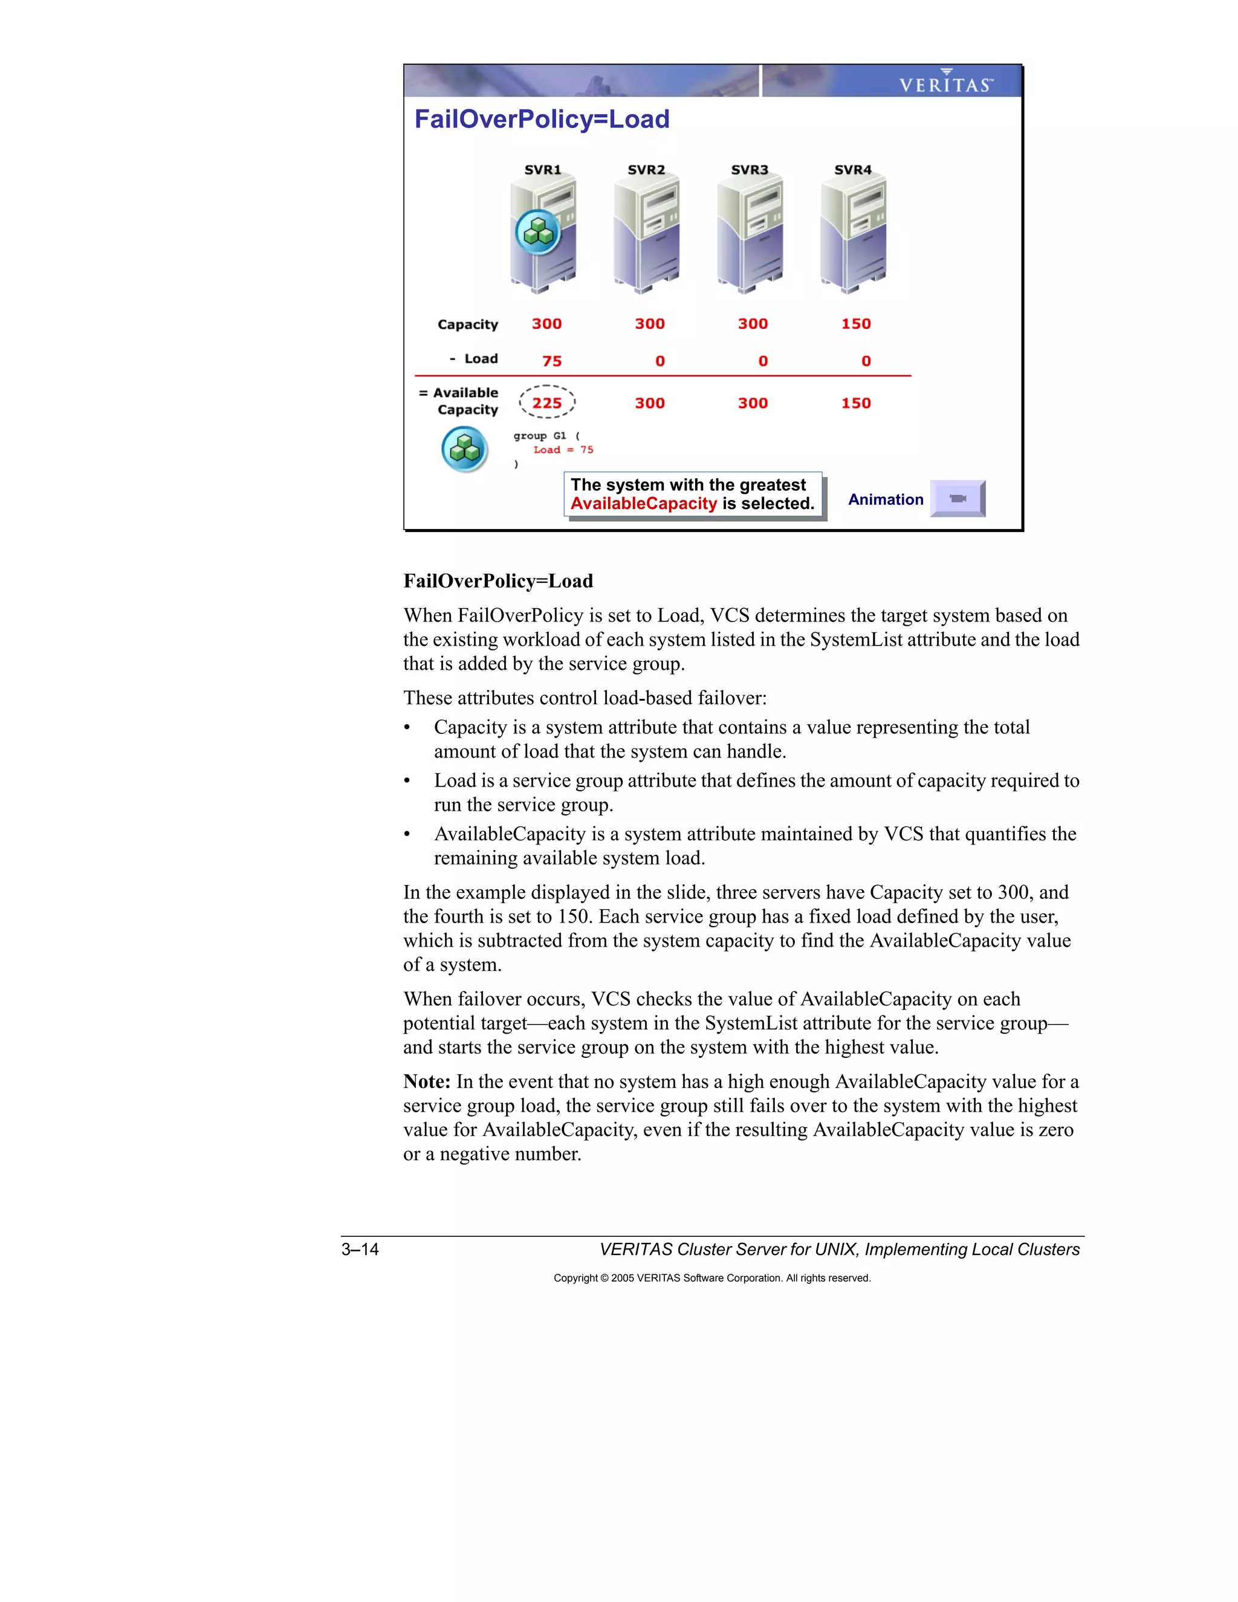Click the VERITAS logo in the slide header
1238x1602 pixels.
(945, 83)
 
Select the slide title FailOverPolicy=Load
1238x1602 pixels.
(542, 120)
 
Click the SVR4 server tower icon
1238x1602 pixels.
(853, 235)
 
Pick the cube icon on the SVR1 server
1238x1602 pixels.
(539, 232)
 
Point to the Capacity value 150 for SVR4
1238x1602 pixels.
(856, 324)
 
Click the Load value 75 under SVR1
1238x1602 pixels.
(551, 361)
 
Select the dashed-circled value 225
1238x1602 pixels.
(547, 403)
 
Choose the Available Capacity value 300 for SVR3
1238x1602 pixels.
(753, 403)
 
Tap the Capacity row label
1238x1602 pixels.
(467, 324)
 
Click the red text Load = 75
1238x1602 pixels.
(563, 450)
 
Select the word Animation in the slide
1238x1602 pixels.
(885, 499)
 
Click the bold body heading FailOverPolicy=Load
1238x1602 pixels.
(498, 581)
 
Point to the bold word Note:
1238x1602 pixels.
(427, 1082)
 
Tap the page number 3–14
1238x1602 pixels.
(360, 1249)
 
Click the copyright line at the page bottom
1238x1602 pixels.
(711, 1278)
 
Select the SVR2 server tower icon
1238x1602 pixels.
(646, 235)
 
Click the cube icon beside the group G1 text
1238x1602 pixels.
(465, 449)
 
